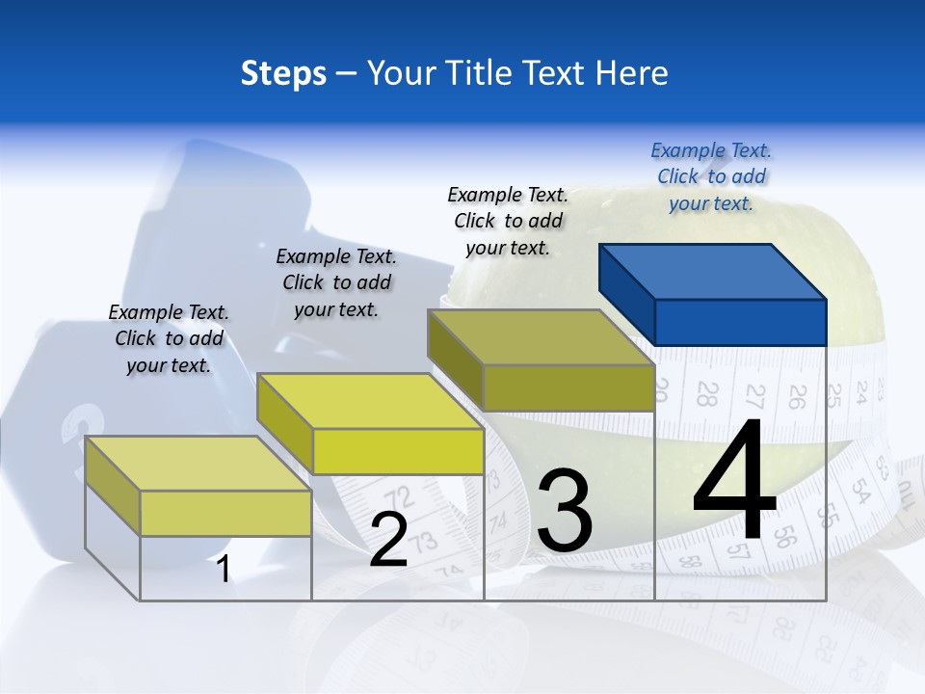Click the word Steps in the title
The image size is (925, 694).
pyautogui.click(x=283, y=73)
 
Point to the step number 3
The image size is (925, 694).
pyautogui.click(x=565, y=511)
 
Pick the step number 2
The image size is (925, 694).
pyautogui.click(x=388, y=540)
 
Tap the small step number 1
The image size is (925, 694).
pyautogui.click(x=224, y=570)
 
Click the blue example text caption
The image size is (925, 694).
pyautogui.click(x=711, y=176)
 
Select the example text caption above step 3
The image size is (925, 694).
pyautogui.click(x=508, y=221)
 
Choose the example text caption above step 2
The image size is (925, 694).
pyautogui.click(x=336, y=282)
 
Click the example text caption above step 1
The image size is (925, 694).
pyautogui.click(x=169, y=338)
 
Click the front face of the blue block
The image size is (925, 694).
pyautogui.click(x=740, y=322)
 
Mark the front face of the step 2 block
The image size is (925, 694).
pyautogui.click(x=398, y=451)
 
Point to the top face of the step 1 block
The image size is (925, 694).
pyautogui.click(x=198, y=463)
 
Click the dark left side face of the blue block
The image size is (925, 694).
pyautogui.click(x=626, y=294)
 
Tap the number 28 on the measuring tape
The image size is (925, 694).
pyautogui.click(x=707, y=393)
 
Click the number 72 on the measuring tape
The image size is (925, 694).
pyautogui.click(x=404, y=497)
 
